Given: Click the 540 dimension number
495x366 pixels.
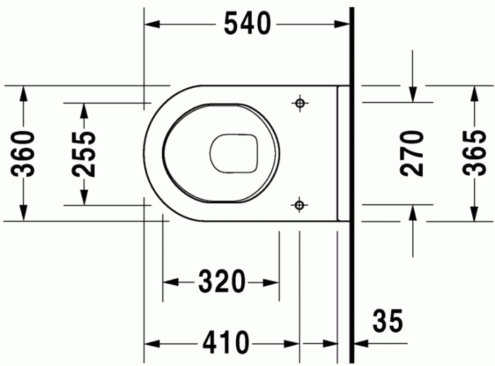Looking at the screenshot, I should click(x=247, y=24).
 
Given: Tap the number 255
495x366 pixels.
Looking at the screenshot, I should click(x=83, y=154).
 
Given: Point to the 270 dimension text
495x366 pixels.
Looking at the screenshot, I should click(x=414, y=153).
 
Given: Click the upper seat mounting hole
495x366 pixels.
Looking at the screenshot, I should click(x=300, y=103).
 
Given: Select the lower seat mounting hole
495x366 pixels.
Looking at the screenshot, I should click(x=300, y=205).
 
